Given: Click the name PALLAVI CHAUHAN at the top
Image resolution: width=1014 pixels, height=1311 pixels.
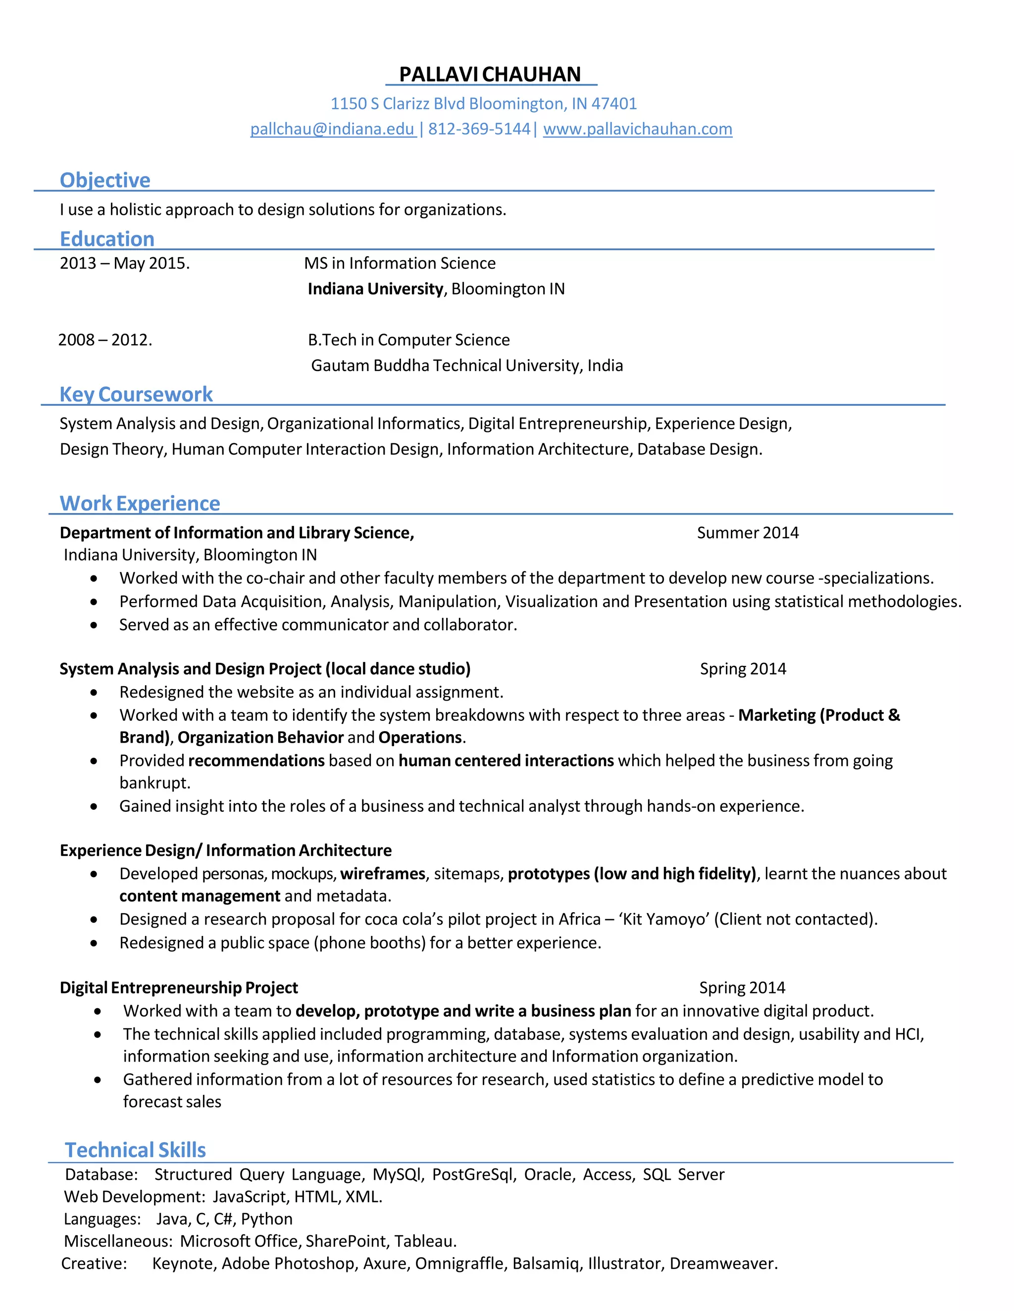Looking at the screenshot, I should point(490,74).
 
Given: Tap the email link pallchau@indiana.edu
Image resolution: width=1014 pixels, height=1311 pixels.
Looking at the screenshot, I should point(332,129).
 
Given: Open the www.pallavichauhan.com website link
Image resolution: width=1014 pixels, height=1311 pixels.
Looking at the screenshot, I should point(637,129).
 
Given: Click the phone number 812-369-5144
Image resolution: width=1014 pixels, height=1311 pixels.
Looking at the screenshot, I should point(479,129).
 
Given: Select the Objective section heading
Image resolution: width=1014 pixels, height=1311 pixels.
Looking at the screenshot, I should point(105,180).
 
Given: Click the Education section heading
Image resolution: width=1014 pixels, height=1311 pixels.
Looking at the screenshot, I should point(107,239).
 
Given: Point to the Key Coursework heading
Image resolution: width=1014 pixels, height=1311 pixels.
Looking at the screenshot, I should point(136,394).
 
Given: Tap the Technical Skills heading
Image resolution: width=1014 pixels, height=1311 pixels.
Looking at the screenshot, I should point(135,1150).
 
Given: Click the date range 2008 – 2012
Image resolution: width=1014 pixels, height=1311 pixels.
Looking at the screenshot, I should point(104,340).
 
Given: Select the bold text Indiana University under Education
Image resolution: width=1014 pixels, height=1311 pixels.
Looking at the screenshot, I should point(375,289).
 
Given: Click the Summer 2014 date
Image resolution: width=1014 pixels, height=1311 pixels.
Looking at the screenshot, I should point(747,532).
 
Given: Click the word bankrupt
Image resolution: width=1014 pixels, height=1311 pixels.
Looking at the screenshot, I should point(154,783).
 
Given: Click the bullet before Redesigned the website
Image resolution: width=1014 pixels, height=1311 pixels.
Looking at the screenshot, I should point(94,693).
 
